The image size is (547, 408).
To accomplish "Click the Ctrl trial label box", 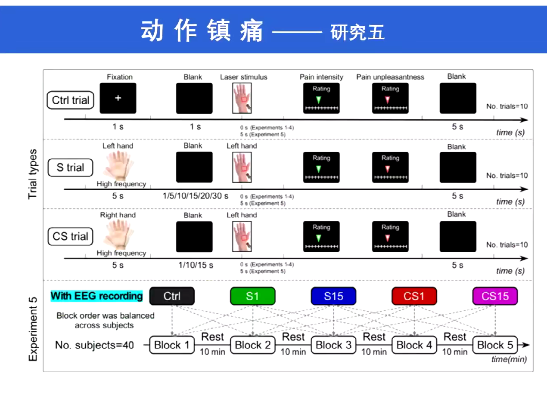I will (71, 100).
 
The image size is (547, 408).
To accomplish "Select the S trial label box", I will (71, 167).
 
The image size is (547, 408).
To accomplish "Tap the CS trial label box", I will (71, 236).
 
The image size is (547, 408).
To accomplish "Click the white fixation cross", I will (118, 98).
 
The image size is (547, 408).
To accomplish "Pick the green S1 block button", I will (252, 296).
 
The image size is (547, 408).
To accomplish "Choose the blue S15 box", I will (333, 296).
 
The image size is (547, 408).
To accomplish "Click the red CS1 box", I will (414, 296).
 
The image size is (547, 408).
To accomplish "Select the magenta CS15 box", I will (495, 296).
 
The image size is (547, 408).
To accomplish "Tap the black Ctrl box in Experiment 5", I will (172, 296).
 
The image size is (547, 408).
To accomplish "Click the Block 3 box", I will (333, 345).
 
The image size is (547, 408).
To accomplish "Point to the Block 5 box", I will (495, 345).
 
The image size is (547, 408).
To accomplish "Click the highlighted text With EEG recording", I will (96, 296).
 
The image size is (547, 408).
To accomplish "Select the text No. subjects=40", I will (94, 345).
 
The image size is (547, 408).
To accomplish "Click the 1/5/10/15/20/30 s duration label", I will (195, 196).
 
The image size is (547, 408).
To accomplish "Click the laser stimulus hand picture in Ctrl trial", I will (242, 99).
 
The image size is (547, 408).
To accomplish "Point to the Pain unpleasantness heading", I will (390, 77).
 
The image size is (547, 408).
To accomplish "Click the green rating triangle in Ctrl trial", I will (318, 99).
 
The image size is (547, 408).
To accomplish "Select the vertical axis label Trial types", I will (33, 174).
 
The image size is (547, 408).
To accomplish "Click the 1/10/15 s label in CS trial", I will (196, 265).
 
